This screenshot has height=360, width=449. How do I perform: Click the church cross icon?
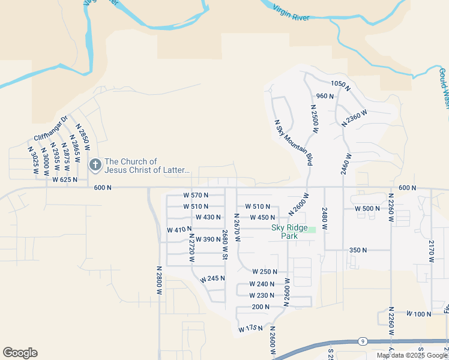pyautogui.click(x=95, y=164)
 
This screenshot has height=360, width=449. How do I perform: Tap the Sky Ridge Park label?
pyautogui.click(x=289, y=232)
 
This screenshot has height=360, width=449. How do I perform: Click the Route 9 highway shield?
pyautogui.click(x=363, y=341)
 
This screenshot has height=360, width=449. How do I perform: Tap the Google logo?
pyautogui.click(x=20, y=353)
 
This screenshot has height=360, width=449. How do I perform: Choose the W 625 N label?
pyautogui.click(x=65, y=179)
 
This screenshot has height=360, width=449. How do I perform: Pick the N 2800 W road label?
pyautogui.click(x=160, y=280)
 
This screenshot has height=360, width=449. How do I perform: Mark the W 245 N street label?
pyautogui.click(x=212, y=279)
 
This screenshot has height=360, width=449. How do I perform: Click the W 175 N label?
pyautogui.click(x=251, y=329)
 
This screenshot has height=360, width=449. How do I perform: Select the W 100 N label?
pyautogui.click(x=419, y=314)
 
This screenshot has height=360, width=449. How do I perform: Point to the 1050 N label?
pyautogui.click(x=340, y=85)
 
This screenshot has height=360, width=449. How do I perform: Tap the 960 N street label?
pyautogui.click(x=325, y=96)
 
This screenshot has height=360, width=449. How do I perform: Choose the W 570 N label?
pyautogui.click(x=196, y=195)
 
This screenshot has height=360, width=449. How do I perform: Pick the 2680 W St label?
pyautogui.click(x=225, y=245)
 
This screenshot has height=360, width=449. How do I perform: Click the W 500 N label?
pyautogui.click(x=367, y=208)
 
